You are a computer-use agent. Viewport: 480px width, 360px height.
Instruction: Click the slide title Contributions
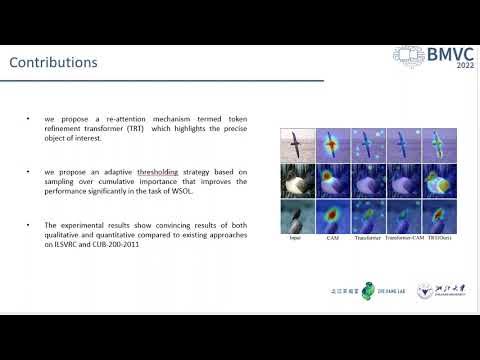click(x=53, y=63)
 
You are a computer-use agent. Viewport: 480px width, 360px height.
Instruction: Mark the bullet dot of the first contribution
click(x=27, y=118)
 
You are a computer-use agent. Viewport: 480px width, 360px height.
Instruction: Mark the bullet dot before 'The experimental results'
click(x=27, y=225)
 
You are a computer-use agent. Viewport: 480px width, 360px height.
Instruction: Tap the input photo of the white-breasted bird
click(x=296, y=182)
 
